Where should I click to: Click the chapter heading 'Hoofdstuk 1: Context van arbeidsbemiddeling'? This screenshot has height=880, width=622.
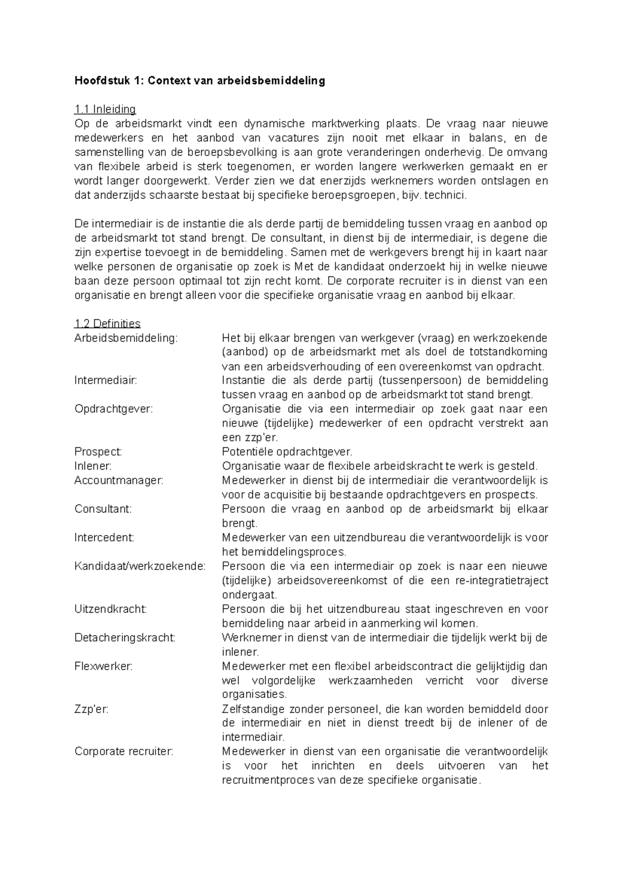pyautogui.click(x=200, y=81)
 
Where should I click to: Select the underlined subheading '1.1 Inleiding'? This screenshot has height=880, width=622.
pyautogui.click(x=105, y=109)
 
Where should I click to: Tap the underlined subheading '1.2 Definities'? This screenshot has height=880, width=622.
pyautogui.click(x=107, y=324)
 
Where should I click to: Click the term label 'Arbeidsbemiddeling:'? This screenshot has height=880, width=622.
pyautogui.click(x=126, y=338)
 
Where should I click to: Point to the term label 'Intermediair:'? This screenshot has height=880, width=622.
pyautogui.click(x=106, y=380)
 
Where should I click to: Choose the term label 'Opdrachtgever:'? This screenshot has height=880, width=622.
pyautogui.click(x=114, y=409)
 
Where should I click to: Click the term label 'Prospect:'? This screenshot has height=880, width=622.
pyautogui.click(x=98, y=452)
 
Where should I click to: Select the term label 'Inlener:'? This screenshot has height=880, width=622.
pyautogui.click(x=93, y=466)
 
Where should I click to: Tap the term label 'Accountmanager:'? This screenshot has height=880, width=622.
pyautogui.click(x=119, y=480)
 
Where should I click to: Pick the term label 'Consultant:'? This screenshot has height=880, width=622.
pyautogui.click(x=103, y=509)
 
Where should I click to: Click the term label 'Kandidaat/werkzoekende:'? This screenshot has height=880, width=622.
pyautogui.click(x=140, y=566)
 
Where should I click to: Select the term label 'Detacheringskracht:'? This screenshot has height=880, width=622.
pyautogui.click(x=125, y=638)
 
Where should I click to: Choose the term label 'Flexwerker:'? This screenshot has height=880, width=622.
pyautogui.click(x=104, y=666)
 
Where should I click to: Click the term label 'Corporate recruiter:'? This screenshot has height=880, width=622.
pyautogui.click(x=124, y=751)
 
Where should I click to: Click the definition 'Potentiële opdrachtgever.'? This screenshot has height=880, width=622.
pyautogui.click(x=287, y=452)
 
